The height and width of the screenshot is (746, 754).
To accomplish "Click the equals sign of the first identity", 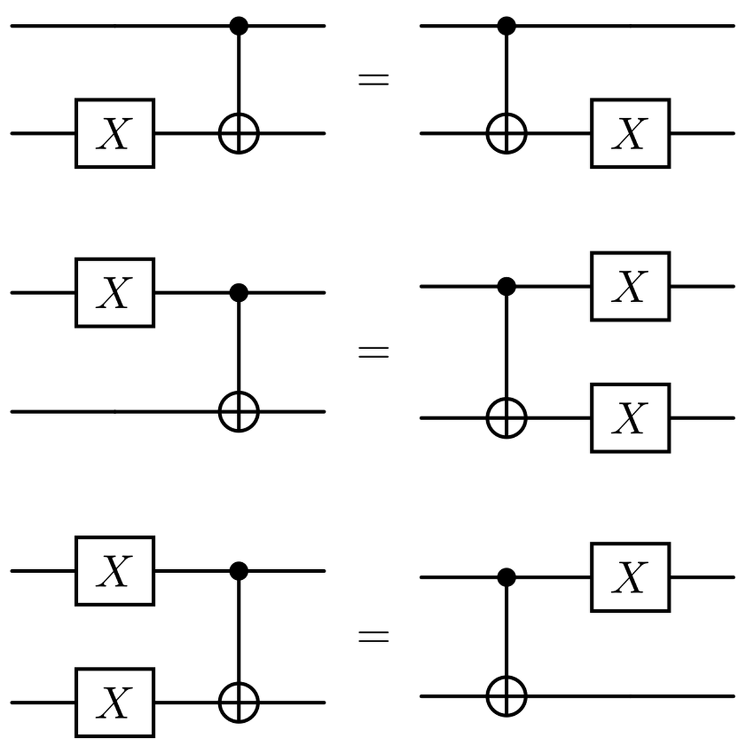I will (x=373, y=80).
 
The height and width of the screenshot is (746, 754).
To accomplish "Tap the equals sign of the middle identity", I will (x=373, y=352).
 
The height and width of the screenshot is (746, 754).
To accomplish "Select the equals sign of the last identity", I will (x=373, y=637).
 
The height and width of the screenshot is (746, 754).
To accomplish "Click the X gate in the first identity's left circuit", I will (x=115, y=133).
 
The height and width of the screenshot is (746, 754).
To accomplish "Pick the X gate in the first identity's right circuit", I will (x=630, y=133).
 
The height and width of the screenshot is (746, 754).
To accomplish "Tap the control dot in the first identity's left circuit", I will (x=239, y=26).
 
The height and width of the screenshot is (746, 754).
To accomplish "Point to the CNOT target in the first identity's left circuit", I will (x=239, y=133).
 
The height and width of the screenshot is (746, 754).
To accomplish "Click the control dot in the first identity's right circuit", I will (x=506, y=26).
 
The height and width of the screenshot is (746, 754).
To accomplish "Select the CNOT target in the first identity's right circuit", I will (x=506, y=133).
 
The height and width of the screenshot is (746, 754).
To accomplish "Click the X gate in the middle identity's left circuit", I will (x=115, y=292).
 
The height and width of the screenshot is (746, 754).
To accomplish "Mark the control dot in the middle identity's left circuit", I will (x=239, y=292).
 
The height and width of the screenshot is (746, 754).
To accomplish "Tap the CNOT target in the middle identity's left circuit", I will (x=239, y=412).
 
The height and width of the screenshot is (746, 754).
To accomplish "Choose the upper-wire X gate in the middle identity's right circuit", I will (x=630, y=286).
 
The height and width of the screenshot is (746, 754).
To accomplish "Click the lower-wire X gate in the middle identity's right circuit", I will (x=630, y=418).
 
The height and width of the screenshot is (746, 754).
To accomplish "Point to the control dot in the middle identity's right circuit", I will (x=506, y=286).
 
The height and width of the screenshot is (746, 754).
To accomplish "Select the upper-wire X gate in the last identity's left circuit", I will (x=115, y=571).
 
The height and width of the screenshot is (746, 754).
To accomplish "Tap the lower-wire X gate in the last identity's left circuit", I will (x=115, y=702).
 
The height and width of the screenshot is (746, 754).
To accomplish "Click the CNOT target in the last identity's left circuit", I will (x=239, y=702).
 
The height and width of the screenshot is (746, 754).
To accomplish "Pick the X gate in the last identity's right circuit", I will (x=630, y=577).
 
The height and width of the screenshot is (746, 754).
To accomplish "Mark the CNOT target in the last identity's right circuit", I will (x=506, y=696).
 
